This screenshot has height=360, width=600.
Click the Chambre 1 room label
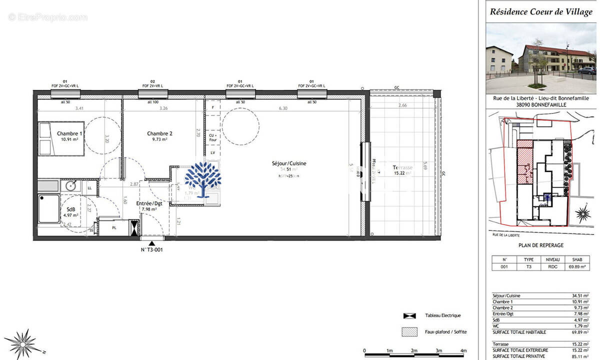pos(69,133)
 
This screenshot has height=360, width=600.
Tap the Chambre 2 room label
pos(159,133)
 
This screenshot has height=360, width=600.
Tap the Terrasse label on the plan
pos(402,167)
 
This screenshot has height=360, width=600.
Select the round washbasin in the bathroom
pos(70,186)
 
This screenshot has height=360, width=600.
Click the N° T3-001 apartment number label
pos(151,249)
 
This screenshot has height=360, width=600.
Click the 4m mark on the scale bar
pos(463,351)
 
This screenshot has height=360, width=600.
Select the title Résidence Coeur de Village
pos(541,12)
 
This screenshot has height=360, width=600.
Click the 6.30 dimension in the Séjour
pos(283,108)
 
